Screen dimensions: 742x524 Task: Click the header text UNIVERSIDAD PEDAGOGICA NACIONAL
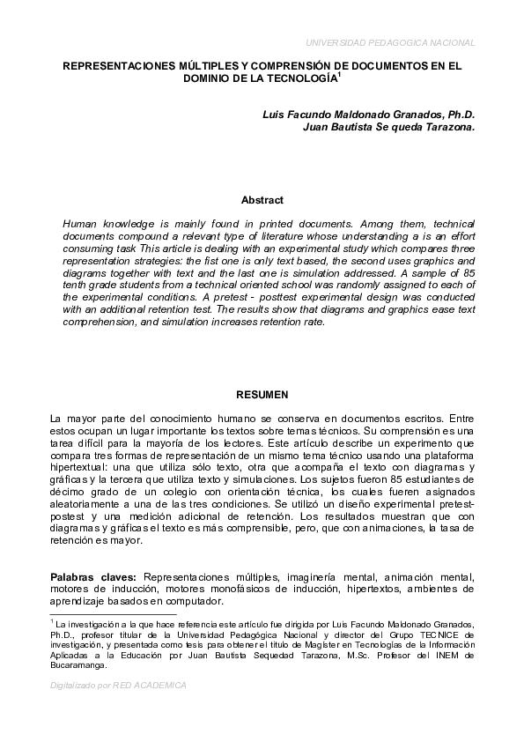[390, 42]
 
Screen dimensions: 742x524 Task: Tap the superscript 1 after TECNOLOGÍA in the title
[340, 75]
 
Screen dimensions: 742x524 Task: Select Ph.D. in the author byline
[461, 115]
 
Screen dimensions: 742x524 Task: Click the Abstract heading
[262, 201]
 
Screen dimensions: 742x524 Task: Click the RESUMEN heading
[262, 395]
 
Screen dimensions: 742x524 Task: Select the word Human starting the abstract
[82, 225]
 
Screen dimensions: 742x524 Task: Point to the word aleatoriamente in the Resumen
[88, 503]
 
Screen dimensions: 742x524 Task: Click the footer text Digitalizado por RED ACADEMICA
[118, 685]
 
